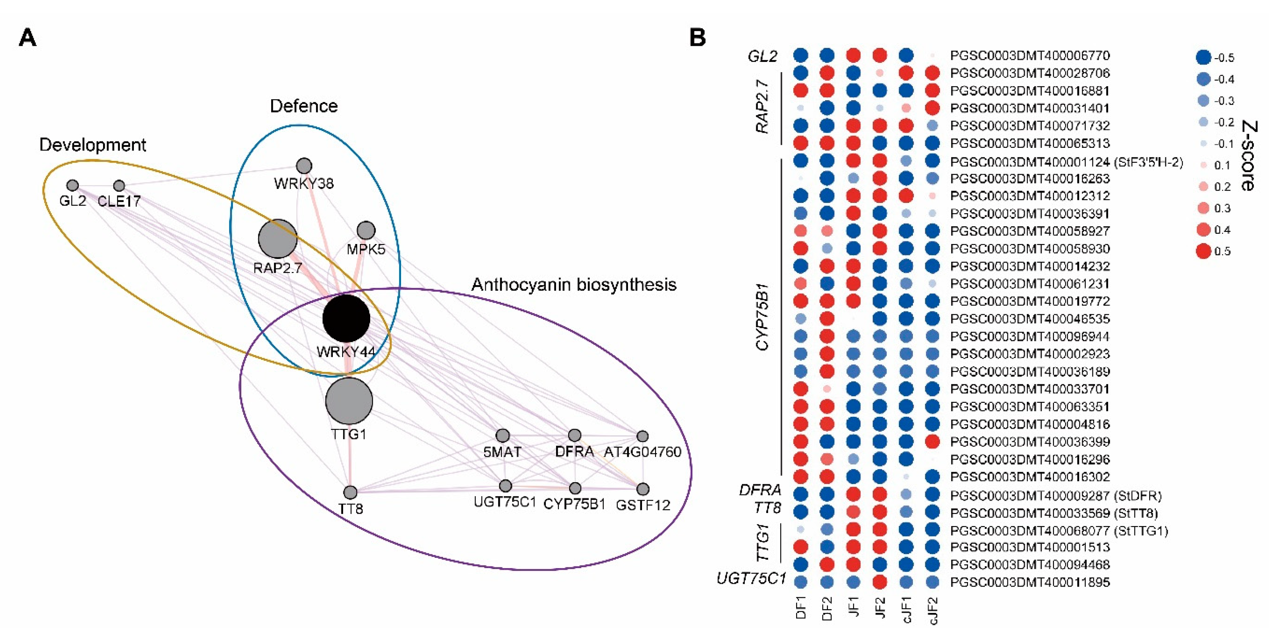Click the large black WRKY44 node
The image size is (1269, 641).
[x=346, y=319]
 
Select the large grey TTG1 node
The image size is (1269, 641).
[x=349, y=401]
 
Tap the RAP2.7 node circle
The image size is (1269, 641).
[x=278, y=239]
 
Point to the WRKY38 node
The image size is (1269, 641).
[x=304, y=166]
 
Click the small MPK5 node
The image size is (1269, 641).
[x=365, y=230]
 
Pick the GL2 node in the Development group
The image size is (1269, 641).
[x=72, y=185]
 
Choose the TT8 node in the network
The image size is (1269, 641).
[x=350, y=492]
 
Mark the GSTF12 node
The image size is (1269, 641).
[x=642, y=489]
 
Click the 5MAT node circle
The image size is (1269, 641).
[x=502, y=435]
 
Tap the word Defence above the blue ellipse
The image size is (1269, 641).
[x=303, y=106]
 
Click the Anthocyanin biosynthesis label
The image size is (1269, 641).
[x=574, y=284]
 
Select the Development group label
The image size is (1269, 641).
[x=92, y=145]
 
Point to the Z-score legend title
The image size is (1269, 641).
[x=1248, y=156]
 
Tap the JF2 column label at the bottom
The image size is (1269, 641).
[x=880, y=608]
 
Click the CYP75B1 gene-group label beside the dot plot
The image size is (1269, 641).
[x=762, y=317]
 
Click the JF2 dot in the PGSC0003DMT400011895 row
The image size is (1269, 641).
[x=879, y=582]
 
